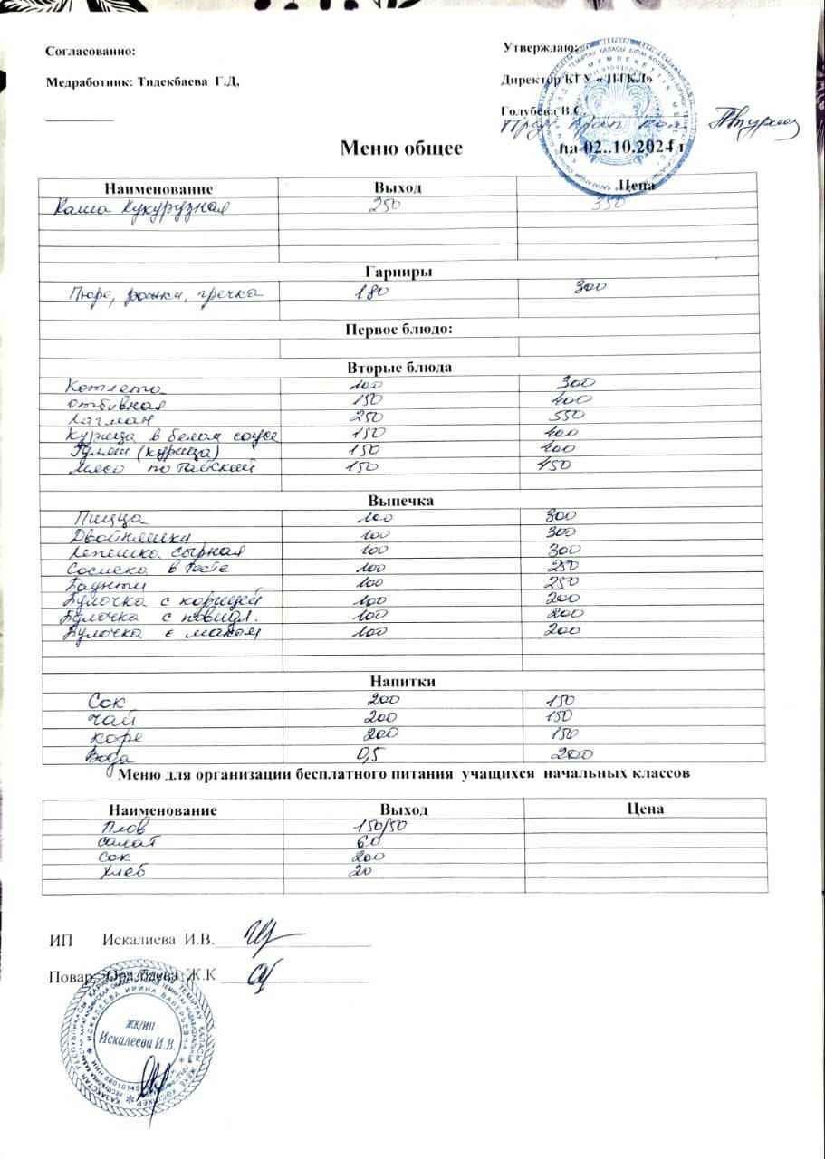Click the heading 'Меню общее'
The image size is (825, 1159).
[x=401, y=148]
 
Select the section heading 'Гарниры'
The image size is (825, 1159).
[x=397, y=271]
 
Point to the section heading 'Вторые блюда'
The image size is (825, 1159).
[x=399, y=368]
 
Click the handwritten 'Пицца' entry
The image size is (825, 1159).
[x=108, y=518]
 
